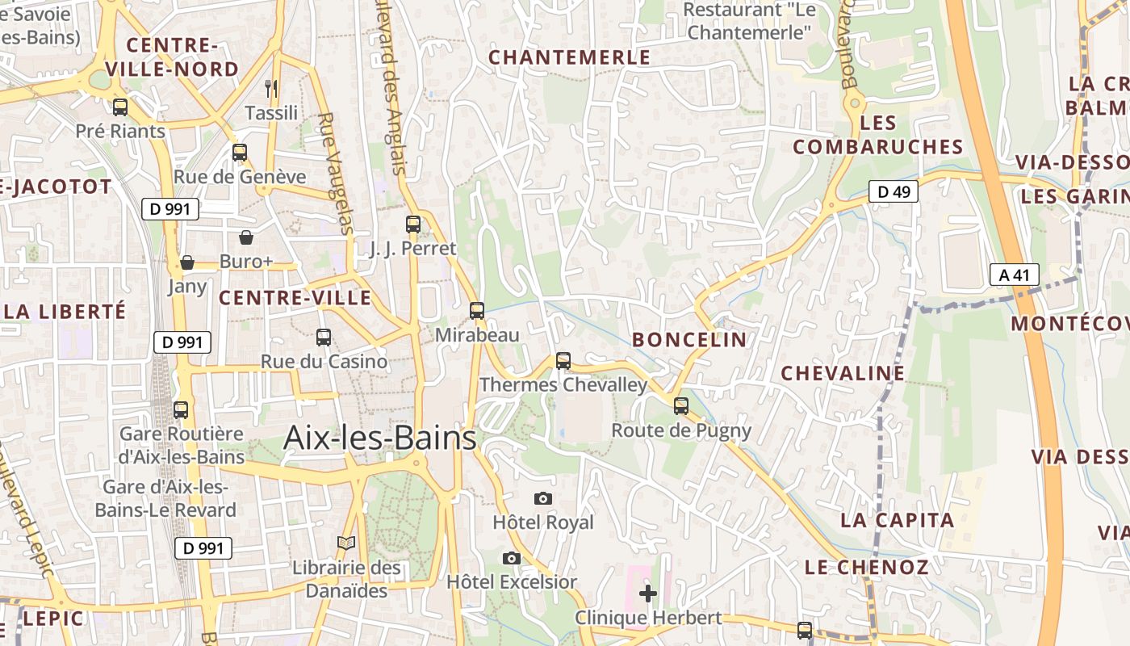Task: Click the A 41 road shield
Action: (x=1014, y=275)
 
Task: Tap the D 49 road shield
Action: (x=894, y=191)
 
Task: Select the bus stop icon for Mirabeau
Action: (x=477, y=310)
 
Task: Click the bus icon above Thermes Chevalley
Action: (x=563, y=360)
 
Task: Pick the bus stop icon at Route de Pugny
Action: (x=681, y=405)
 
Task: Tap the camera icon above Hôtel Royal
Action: (x=543, y=498)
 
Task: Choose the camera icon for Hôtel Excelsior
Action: (x=511, y=558)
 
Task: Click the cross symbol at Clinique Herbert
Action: (x=647, y=594)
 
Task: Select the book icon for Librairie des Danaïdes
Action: (x=346, y=543)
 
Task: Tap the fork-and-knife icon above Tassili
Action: (x=271, y=88)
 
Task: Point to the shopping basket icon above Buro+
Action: (x=246, y=237)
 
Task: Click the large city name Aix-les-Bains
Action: (x=379, y=438)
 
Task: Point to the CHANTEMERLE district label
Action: (x=569, y=57)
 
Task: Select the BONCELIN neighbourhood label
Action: (x=689, y=339)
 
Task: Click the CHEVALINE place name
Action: (x=843, y=372)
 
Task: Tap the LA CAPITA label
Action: (x=897, y=519)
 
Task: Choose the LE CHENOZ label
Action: (x=866, y=567)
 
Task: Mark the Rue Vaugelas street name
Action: (x=334, y=173)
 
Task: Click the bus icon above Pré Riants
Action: (x=120, y=107)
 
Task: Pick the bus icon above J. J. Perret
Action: (x=413, y=224)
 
